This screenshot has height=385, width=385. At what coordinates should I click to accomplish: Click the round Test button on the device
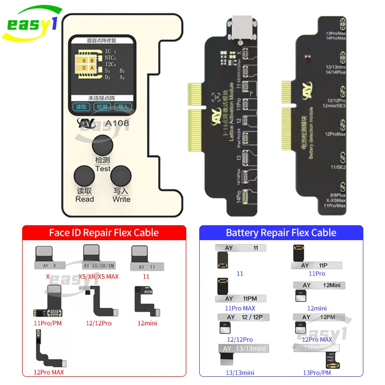click(103, 145)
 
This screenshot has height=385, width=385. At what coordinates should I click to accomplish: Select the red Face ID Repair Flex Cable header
click(104, 233)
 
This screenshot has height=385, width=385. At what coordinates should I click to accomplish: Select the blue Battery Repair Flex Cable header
click(281, 233)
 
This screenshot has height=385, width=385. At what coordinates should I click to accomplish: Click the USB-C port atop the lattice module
click(240, 23)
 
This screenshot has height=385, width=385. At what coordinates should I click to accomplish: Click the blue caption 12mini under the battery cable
click(317, 308)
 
